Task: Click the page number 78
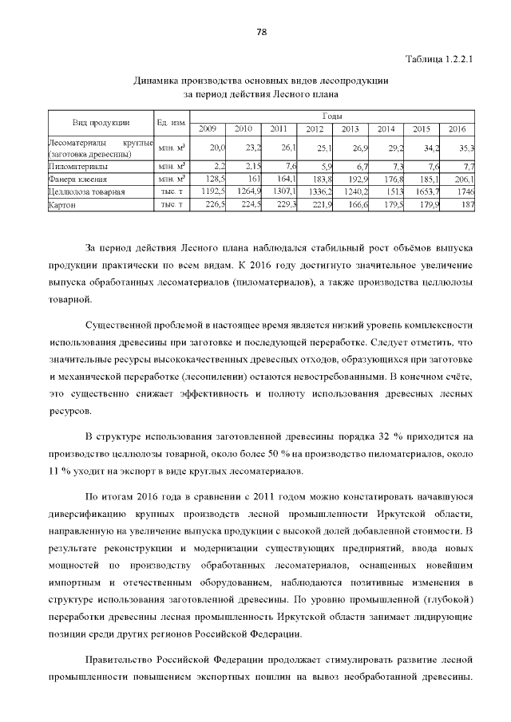[260, 32]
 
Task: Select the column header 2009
[208, 128]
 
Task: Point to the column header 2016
[457, 128]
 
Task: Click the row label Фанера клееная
[77, 180]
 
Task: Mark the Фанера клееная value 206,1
[463, 180]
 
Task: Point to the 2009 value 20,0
[217, 148]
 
